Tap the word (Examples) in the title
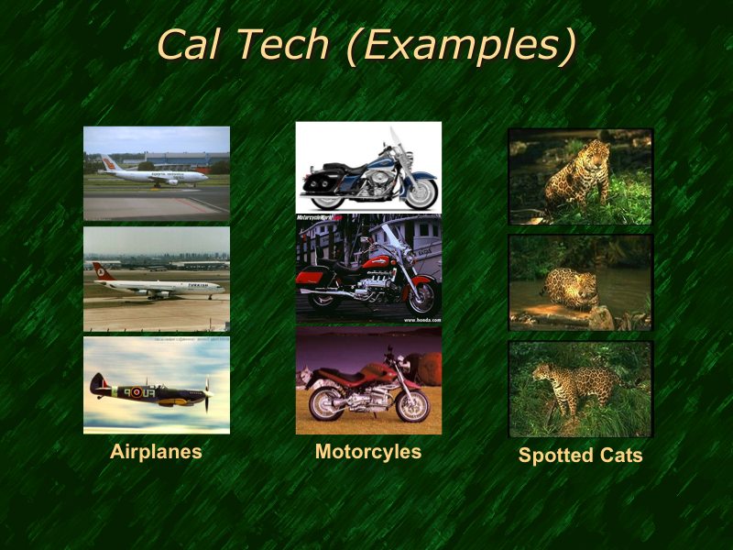tap(462, 46)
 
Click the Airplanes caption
tap(156, 451)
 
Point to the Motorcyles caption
tap(368, 451)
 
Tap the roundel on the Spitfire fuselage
tap(137, 392)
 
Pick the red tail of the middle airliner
tap(102, 272)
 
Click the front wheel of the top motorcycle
tap(418, 193)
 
